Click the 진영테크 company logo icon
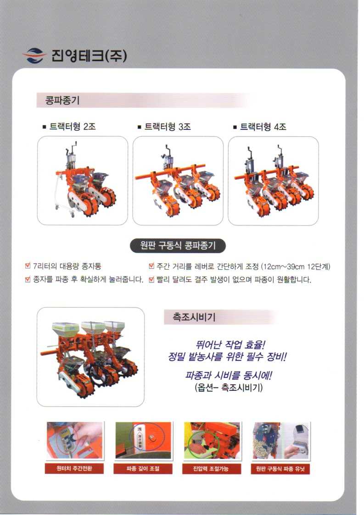[x=34, y=55]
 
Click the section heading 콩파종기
[x=62, y=100]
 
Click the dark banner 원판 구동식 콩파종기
[x=178, y=245]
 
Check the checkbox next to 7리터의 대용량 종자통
[x=28, y=266]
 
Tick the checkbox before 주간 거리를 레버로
[x=151, y=266]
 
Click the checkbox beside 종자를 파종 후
[x=28, y=279]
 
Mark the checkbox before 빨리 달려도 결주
[x=151, y=279]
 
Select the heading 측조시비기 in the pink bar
[x=194, y=317]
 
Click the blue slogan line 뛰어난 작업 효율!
[x=230, y=344]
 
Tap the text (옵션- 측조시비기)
[x=229, y=388]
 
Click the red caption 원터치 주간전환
[x=74, y=468]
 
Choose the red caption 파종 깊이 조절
[x=143, y=468]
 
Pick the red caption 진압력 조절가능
[x=212, y=468]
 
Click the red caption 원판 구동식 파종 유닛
[x=280, y=468]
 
